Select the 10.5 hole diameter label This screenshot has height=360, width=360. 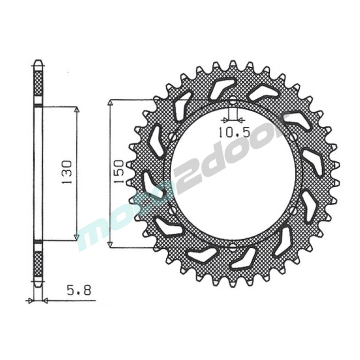click(234, 132)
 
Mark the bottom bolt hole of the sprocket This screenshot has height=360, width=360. click(233, 247)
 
